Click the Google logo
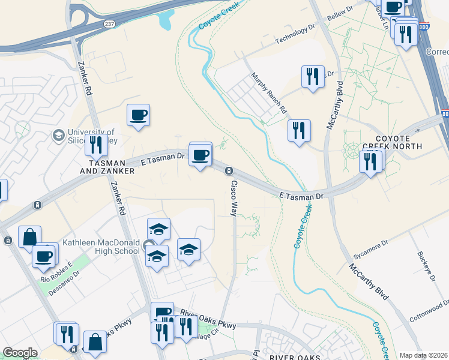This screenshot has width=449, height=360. click(x=20, y=353)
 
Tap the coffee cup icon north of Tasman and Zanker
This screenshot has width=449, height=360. click(x=138, y=115)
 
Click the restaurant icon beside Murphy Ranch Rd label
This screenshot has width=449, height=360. click(x=299, y=130)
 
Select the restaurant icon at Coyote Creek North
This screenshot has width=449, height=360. click(x=370, y=160)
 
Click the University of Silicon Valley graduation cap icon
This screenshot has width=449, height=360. click(x=59, y=135)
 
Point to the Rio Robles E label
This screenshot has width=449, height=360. click(x=56, y=271)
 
